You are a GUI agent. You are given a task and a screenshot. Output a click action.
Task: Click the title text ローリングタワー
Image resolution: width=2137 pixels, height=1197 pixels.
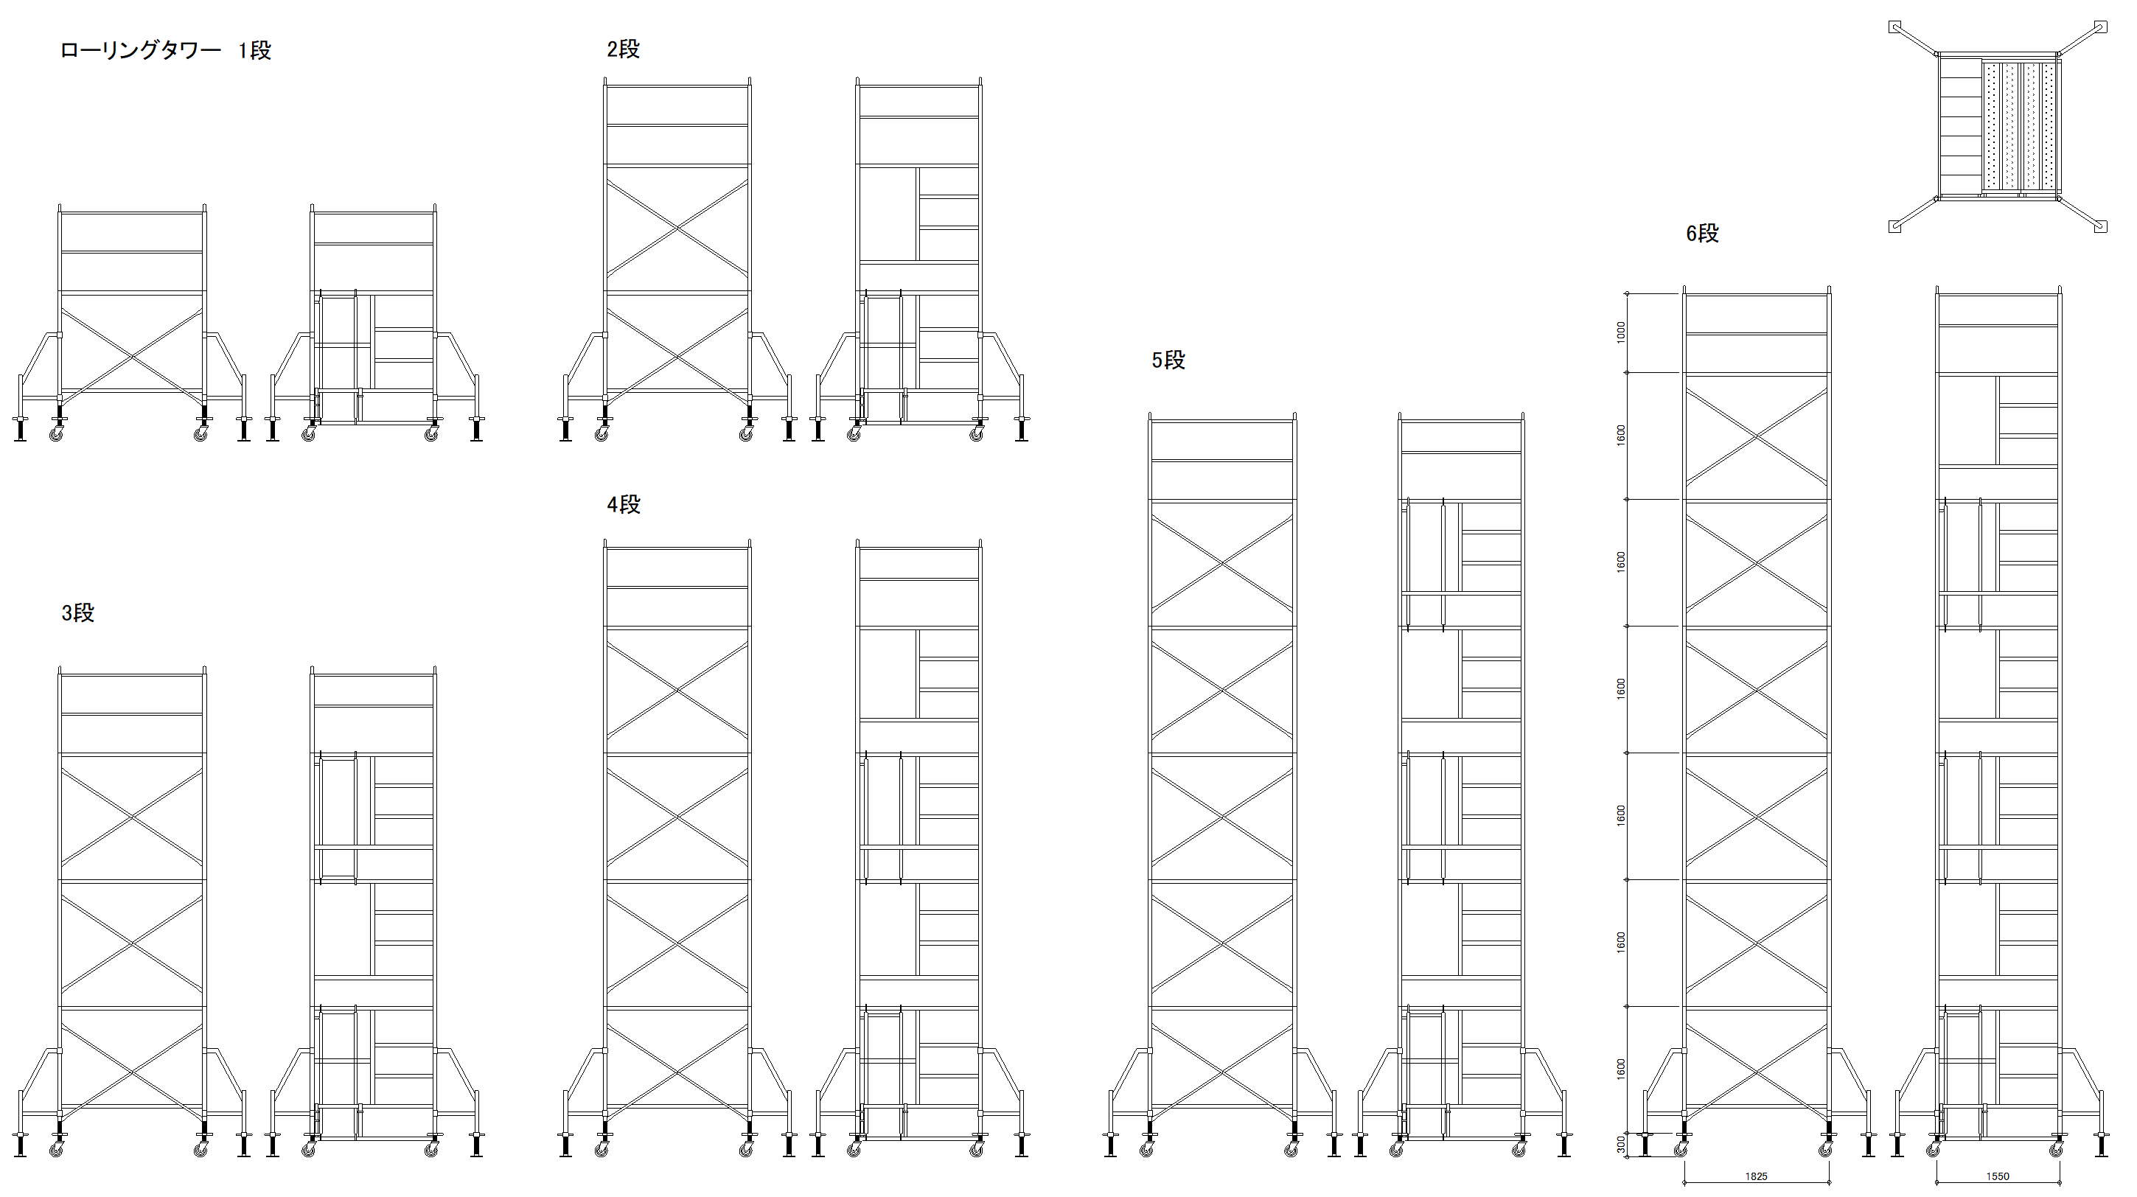(140, 51)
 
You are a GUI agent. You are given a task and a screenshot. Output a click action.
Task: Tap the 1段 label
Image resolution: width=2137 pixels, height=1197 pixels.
(254, 51)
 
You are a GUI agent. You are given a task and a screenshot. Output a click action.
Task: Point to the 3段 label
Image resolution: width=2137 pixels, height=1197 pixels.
(78, 613)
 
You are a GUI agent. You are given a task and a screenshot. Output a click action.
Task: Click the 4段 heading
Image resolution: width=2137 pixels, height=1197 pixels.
(624, 504)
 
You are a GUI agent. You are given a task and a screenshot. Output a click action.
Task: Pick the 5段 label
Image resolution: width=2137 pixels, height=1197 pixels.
(1168, 360)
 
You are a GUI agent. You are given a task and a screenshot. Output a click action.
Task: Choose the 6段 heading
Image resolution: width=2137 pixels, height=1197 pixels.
(1702, 234)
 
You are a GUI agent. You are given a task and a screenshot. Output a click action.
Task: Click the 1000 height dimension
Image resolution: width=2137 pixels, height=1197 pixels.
(1621, 332)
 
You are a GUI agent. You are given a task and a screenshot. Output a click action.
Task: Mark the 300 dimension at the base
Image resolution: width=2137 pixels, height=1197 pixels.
(1621, 1145)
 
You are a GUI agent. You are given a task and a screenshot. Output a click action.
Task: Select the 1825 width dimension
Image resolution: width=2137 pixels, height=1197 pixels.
(1756, 1176)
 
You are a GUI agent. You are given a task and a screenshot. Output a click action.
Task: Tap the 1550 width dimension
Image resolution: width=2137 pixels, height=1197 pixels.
(1998, 1176)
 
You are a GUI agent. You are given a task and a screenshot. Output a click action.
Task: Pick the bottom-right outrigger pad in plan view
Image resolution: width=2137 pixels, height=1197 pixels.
(2100, 226)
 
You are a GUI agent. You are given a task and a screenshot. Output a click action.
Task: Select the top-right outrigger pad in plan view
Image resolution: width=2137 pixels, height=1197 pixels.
(2100, 27)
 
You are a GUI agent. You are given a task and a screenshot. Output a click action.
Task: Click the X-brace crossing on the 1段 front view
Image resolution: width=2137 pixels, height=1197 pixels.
(132, 357)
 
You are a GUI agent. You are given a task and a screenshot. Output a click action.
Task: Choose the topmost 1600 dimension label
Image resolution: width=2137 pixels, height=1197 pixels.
(1621, 436)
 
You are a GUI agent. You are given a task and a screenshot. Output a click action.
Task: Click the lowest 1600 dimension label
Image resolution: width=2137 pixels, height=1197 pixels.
(1621, 1069)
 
